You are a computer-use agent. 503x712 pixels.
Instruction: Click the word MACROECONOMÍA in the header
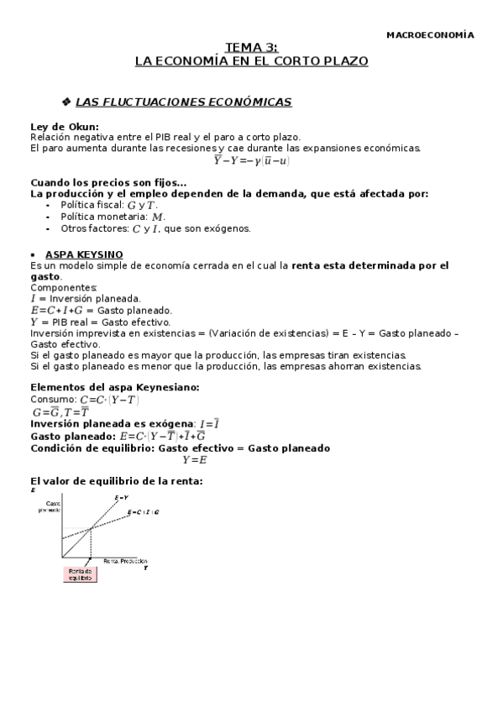(x=429, y=35)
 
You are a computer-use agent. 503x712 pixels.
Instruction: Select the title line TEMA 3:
(x=252, y=49)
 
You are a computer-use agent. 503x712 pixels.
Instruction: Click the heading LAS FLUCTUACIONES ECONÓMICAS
(x=183, y=102)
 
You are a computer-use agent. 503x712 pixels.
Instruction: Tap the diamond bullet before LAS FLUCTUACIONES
(x=66, y=102)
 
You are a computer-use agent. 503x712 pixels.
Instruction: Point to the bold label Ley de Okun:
(x=64, y=128)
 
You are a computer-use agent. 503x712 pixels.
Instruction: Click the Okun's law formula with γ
(x=252, y=160)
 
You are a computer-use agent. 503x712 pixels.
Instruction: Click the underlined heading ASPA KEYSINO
(x=83, y=254)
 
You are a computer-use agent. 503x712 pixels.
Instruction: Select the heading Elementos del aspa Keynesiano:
(x=115, y=386)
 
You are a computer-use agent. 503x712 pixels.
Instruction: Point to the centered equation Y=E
(x=194, y=459)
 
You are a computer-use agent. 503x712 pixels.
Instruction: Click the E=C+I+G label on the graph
(x=143, y=512)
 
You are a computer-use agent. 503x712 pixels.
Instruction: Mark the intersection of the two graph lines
(x=92, y=528)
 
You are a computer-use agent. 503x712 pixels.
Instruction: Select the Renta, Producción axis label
(x=125, y=560)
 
